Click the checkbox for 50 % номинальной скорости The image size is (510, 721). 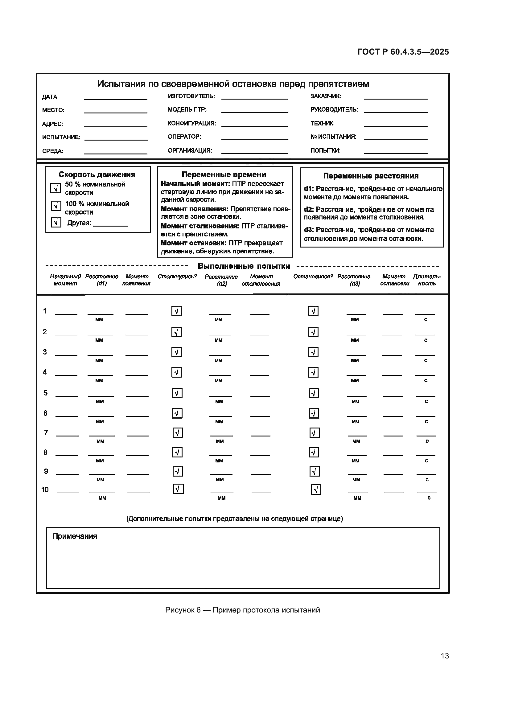tap(56, 188)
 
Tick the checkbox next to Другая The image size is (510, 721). tap(56, 222)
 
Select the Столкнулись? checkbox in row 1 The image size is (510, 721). tap(176, 311)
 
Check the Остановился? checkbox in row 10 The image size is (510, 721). tap(316, 490)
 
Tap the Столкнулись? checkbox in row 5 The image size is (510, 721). tap(177, 393)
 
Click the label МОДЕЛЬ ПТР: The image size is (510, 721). tap(187, 110)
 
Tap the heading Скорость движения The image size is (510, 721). tap(97, 174)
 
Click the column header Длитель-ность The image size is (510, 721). tap(426, 280)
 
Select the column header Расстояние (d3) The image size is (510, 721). tap(354, 280)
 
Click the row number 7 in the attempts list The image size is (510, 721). tap(46, 433)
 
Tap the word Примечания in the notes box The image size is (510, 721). tap(74, 536)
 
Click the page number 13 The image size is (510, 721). tap(445, 656)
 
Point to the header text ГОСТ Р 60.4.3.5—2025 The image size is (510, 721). tap(403, 52)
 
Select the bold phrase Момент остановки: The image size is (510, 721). tap(193, 243)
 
